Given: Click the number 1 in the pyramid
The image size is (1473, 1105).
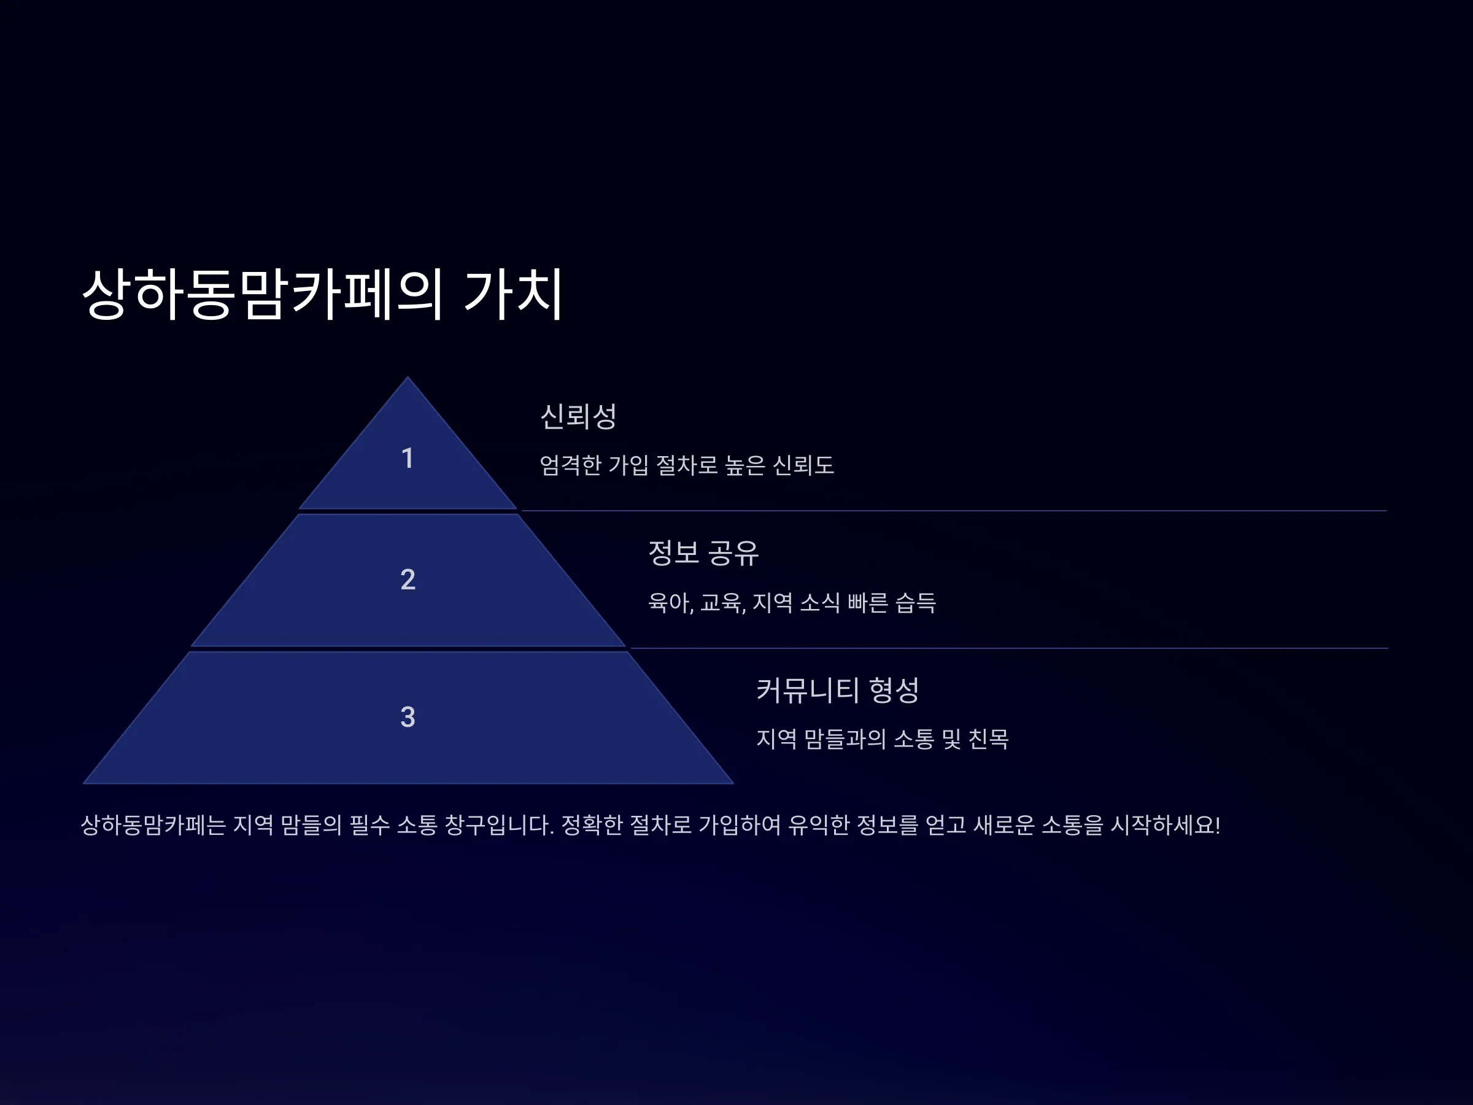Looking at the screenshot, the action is (x=408, y=458).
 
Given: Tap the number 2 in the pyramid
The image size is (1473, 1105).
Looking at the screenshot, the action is (x=408, y=580).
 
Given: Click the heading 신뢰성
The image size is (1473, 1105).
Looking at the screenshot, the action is (x=578, y=416).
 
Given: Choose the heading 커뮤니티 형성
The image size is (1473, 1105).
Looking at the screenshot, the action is (x=838, y=690).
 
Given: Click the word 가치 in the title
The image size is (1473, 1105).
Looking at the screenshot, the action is (x=514, y=293).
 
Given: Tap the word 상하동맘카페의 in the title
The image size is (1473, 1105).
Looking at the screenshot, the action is (x=262, y=293).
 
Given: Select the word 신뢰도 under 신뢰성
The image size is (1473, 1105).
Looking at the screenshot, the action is (x=803, y=465).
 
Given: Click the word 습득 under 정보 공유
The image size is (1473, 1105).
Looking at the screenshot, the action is (x=916, y=603).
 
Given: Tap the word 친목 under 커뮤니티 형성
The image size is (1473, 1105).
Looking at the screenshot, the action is (x=988, y=739).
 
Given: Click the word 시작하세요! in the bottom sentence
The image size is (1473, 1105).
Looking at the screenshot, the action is (x=1166, y=825).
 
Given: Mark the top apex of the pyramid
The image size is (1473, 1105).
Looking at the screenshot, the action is (x=408, y=377).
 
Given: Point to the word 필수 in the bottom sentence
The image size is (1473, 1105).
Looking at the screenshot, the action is (x=369, y=825).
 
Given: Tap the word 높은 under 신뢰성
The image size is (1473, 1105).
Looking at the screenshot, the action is (x=745, y=465).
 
